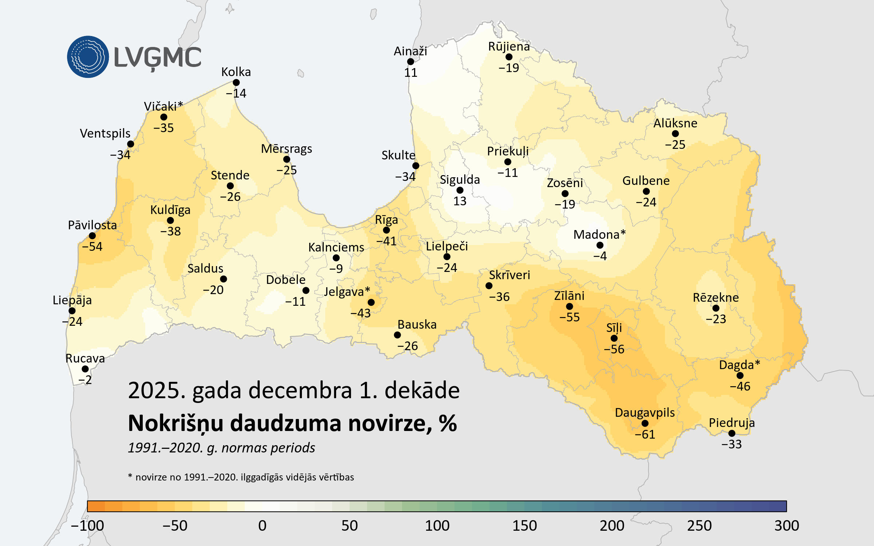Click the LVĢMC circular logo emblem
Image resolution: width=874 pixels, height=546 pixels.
pyautogui.click(x=88, y=57)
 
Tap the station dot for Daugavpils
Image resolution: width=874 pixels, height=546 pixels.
pyautogui.click(x=645, y=423)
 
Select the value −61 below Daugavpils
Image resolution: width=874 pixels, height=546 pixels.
pyautogui.click(x=645, y=435)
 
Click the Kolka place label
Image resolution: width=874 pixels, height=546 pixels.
pyautogui.click(x=236, y=72)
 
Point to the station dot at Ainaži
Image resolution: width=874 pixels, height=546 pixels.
pyautogui.click(x=410, y=62)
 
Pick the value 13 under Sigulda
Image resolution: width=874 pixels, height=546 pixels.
pyautogui.click(x=460, y=201)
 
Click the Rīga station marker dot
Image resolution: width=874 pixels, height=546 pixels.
pyautogui.click(x=386, y=230)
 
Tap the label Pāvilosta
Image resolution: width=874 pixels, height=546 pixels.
pyautogui.click(x=92, y=225)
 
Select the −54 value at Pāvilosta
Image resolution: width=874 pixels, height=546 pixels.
pyautogui.click(x=92, y=247)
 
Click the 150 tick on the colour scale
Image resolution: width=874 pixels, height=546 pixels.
pyautogui.click(x=524, y=526)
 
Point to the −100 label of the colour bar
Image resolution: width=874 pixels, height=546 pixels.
pyautogui.click(x=87, y=526)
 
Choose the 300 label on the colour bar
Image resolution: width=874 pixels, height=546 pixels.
pyautogui.click(x=787, y=526)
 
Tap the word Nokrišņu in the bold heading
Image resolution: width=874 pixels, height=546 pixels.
pyautogui.click(x=175, y=424)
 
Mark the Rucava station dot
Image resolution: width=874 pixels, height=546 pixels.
pyautogui.click(x=85, y=369)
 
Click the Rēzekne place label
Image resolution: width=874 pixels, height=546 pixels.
pyautogui.click(x=716, y=298)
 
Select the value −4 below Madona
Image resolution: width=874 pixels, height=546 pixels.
pyautogui.click(x=600, y=256)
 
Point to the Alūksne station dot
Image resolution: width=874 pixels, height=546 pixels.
pyautogui.click(x=675, y=134)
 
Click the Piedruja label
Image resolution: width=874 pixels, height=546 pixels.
pyautogui.click(x=732, y=423)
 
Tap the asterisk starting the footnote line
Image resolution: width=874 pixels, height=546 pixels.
pyautogui.click(x=130, y=476)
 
